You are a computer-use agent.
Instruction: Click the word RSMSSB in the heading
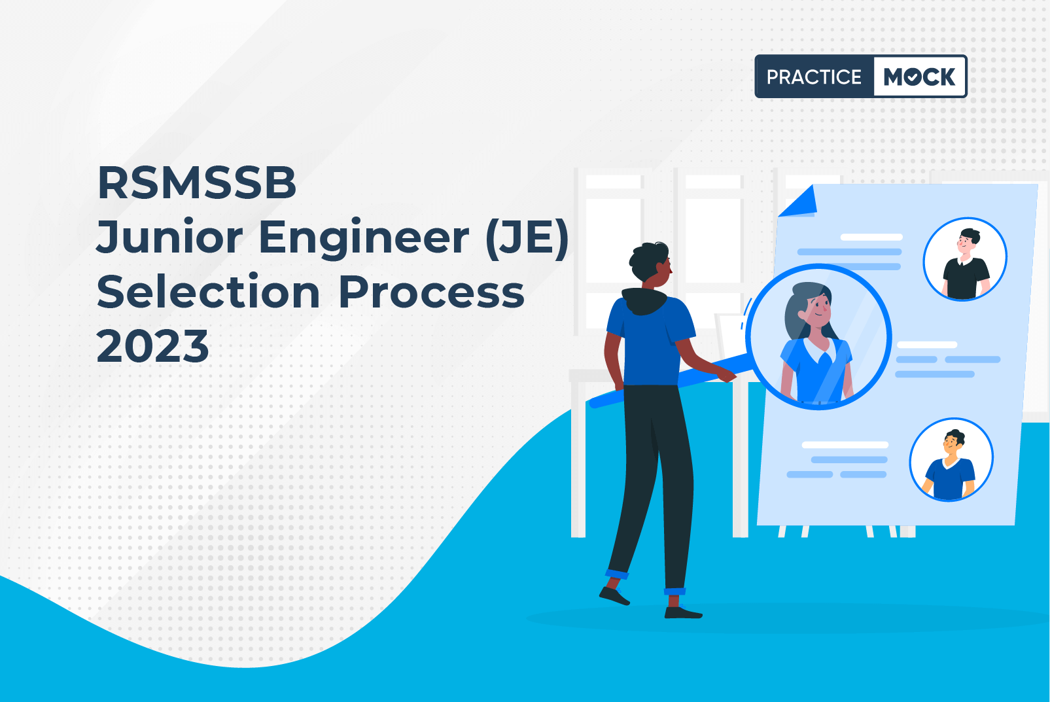point(197,183)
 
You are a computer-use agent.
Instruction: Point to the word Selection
point(209,292)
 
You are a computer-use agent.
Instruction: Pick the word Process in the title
point(431,292)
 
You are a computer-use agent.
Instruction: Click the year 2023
point(153,346)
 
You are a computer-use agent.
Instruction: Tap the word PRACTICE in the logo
point(814,77)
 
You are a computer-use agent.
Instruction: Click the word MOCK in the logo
point(919,77)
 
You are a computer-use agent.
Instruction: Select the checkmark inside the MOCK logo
point(912,77)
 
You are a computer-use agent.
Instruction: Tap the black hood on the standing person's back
point(644,300)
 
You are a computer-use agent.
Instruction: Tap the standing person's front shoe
point(683,612)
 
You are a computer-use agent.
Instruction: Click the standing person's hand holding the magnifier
point(725,374)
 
